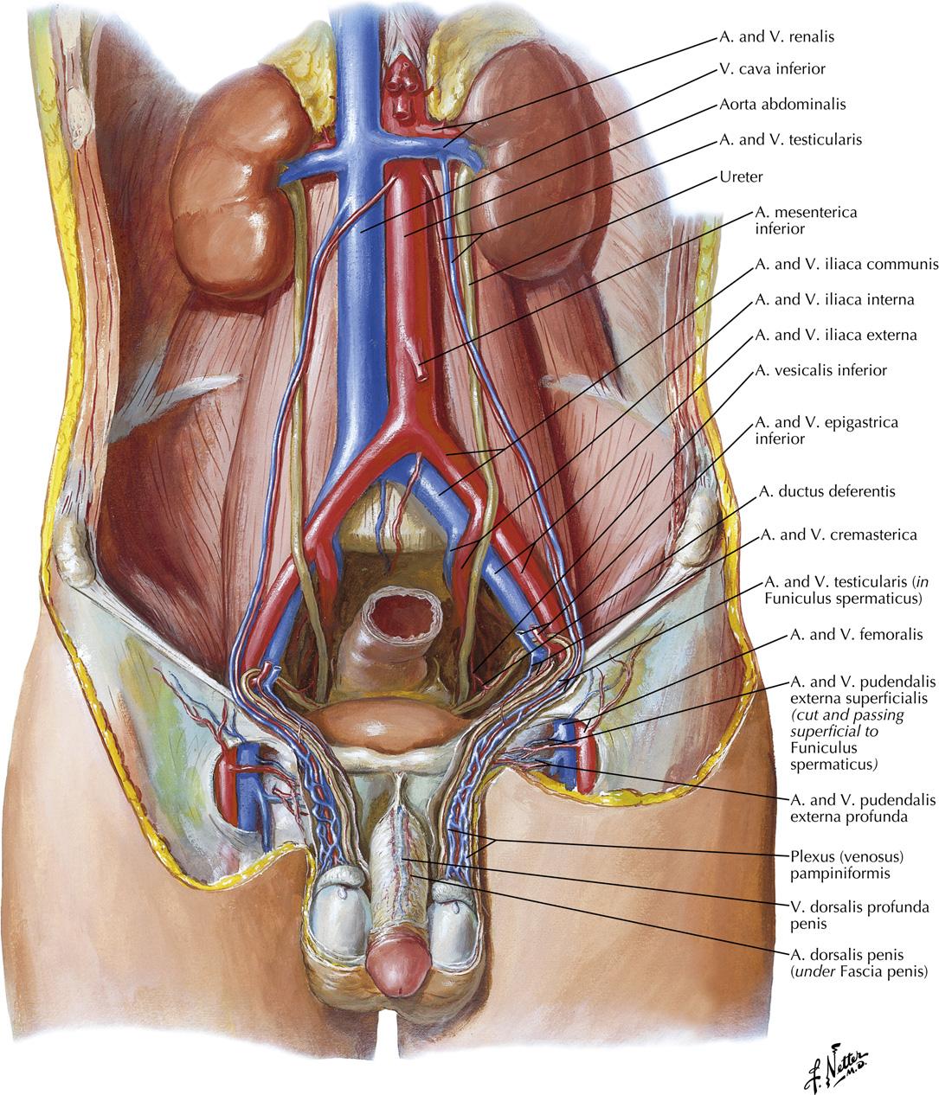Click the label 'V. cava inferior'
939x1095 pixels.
[x=772, y=69]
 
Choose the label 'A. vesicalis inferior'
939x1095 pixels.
[x=820, y=370]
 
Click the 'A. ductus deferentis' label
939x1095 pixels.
[x=826, y=491]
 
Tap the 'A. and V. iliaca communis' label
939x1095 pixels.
[x=846, y=265]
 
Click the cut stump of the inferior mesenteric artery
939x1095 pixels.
[x=420, y=372]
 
